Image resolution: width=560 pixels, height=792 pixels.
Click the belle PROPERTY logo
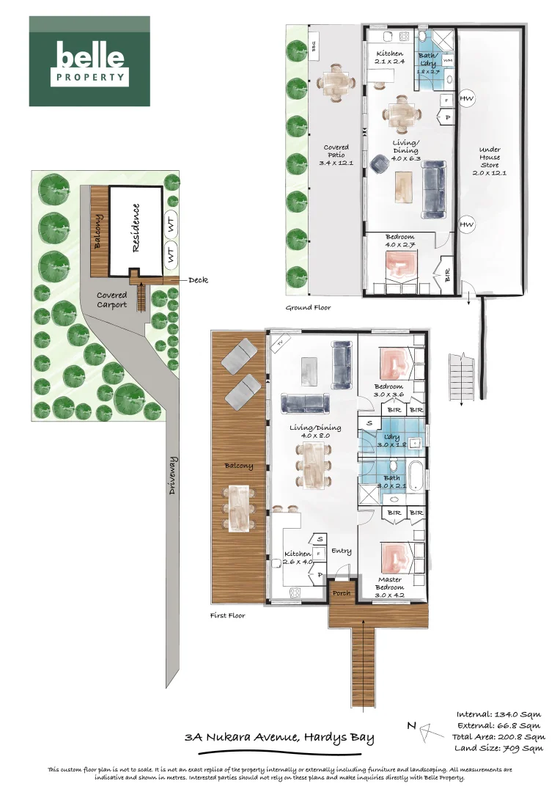89,62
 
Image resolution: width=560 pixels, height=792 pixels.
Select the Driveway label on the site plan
173,475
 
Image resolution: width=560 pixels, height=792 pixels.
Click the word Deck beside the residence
199,279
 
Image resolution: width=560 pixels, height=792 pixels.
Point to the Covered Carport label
112,299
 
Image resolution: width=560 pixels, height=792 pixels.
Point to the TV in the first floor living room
279,342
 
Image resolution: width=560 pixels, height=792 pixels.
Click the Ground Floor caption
308,308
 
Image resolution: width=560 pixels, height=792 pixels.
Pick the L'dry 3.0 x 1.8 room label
387,441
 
